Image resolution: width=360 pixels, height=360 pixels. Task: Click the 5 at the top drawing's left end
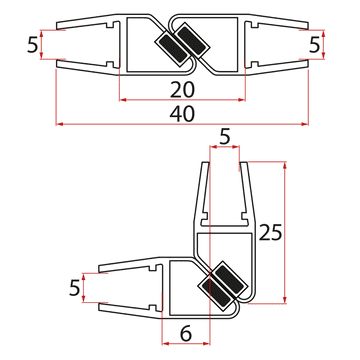pos(32,46)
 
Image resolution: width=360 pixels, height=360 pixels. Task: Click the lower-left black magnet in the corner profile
pos(211,292)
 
